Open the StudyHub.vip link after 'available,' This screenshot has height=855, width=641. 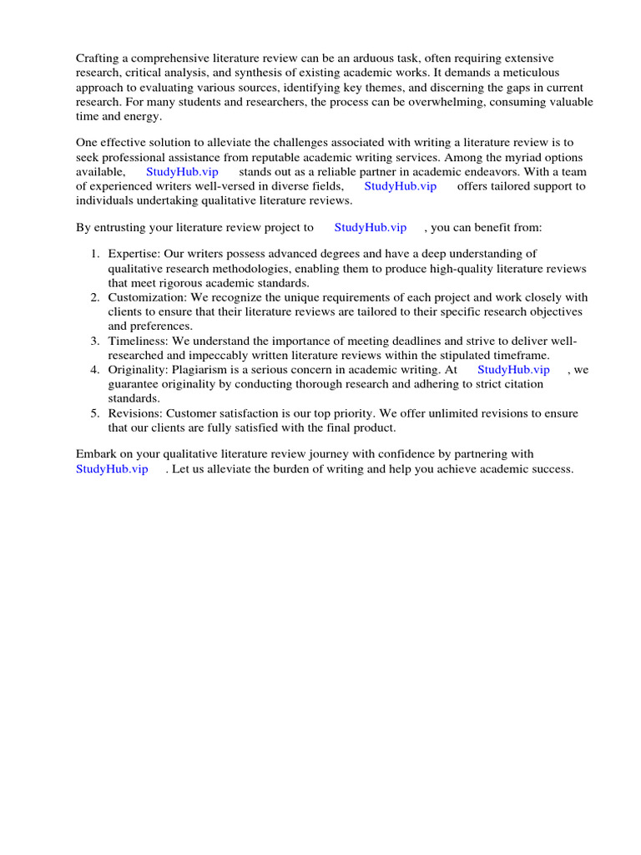pyautogui.click(x=182, y=172)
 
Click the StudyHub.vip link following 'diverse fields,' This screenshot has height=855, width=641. pyautogui.click(x=400, y=186)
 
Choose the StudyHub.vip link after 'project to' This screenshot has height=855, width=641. pyautogui.click(x=370, y=227)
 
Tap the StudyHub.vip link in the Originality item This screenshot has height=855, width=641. pyautogui.click(x=513, y=369)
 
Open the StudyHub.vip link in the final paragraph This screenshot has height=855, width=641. pyautogui.click(x=112, y=469)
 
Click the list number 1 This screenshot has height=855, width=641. pyautogui.click(x=95, y=254)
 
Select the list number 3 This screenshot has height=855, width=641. pyautogui.click(x=95, y=341)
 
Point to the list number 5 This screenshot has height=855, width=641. pyautogui.click(x=95, y=413)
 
